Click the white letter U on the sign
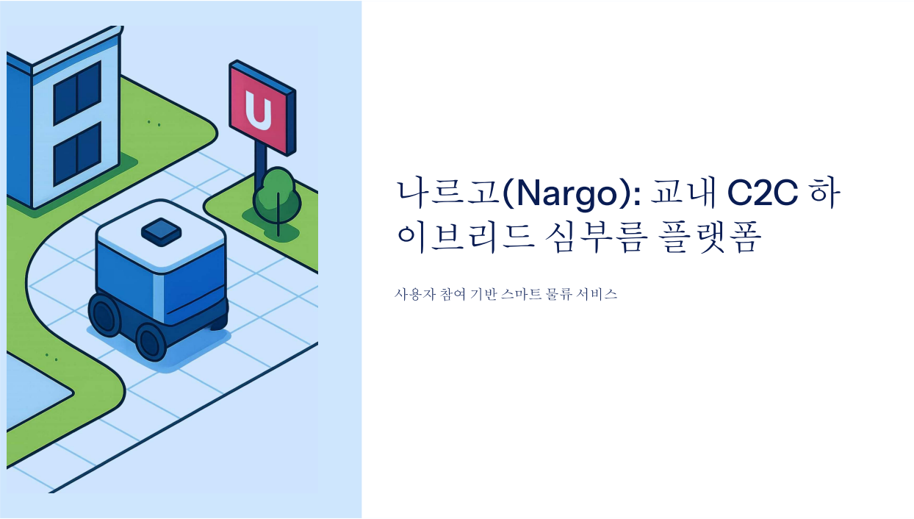[259, 110]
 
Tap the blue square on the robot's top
[161, 232]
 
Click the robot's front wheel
[151, 341]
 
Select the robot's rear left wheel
[104, 315]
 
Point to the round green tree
[277, 196]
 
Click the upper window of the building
[76, 93]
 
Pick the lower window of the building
[76, 154]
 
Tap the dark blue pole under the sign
[260, 163]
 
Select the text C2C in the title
[762, 193]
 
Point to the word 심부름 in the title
[596, 237]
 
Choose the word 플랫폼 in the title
[710, 237]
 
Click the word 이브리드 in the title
[465, 237]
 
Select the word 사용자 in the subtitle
[415, 294]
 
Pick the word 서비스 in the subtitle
[597, 294]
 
